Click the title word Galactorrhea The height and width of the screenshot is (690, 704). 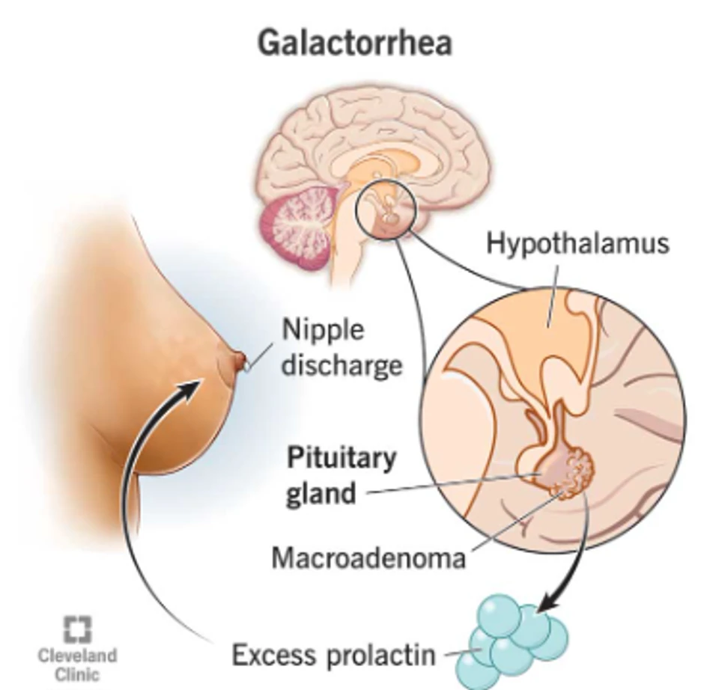click(x=354, y=43)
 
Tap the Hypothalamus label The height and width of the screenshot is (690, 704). click(x=577, y=244)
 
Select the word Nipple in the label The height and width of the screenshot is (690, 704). click(x=323, y=330)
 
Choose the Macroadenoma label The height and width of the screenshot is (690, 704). click(x=368, y=558)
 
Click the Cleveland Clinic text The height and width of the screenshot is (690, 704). click(x=77, y=665)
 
